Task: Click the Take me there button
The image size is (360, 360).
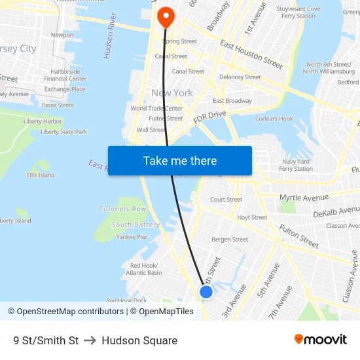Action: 180,161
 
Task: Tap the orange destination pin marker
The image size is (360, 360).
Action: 166,16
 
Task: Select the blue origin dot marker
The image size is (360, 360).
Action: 206,292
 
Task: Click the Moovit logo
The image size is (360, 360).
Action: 321,340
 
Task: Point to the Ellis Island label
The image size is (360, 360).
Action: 41,175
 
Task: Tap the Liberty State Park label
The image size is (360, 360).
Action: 63,132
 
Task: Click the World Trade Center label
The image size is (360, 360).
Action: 156,109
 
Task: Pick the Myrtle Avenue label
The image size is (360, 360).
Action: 304,198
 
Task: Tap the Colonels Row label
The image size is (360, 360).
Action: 122,209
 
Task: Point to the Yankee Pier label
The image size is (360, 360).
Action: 132,237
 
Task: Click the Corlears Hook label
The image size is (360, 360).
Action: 274,119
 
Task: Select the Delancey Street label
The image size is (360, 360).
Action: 240,77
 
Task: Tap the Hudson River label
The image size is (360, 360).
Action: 109,35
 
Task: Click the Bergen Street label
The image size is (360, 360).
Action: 230,240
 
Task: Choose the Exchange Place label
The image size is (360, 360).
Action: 65,90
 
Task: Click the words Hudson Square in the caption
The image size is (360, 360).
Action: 139,340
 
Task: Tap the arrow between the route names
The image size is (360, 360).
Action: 90,340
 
